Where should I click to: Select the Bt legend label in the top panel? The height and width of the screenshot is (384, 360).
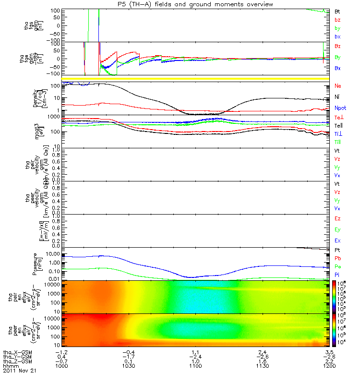(338, 11)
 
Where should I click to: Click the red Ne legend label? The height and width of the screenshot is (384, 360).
(338, 85)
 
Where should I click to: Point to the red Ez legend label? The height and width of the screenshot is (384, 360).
(338, 218)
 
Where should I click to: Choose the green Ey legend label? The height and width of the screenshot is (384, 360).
(338, 229)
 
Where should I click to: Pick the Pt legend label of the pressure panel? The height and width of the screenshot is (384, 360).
(338, 251)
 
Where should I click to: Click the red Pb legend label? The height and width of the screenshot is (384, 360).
(338, 258)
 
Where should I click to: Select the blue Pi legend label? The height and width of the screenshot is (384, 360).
(338, 274)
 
